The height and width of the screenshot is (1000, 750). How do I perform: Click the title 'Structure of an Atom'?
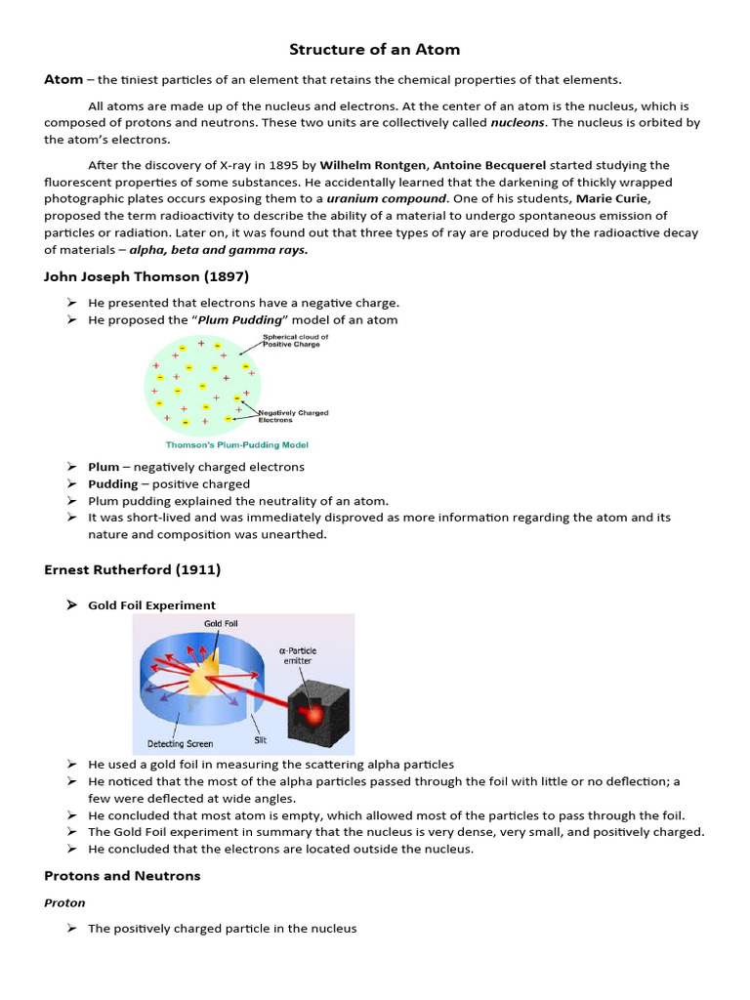(x=374, y=49)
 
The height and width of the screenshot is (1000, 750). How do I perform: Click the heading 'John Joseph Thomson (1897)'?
(x=146, y=276)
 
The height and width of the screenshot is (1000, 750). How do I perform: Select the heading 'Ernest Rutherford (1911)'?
(x=132, y=569)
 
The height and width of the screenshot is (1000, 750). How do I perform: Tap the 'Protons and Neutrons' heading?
(x=122, y=876)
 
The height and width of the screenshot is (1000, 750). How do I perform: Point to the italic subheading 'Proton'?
(x=64, y=903)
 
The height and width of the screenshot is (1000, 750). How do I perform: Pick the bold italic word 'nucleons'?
(x=519, y=122)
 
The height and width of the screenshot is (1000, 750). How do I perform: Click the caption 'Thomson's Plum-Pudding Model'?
(x=236, y=444)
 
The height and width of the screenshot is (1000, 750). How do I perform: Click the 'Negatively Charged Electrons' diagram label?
(x=293, y=416)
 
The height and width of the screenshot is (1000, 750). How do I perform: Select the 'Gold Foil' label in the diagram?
(x=221, y=622)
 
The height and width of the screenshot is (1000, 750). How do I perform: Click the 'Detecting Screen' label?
(x=180, y=744)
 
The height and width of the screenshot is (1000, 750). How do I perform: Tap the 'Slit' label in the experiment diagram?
(x=261, y=740)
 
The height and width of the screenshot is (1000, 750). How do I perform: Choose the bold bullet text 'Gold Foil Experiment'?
(x=151, y=605)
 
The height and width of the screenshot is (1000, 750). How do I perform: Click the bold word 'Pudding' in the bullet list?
(x=113, y=484)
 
